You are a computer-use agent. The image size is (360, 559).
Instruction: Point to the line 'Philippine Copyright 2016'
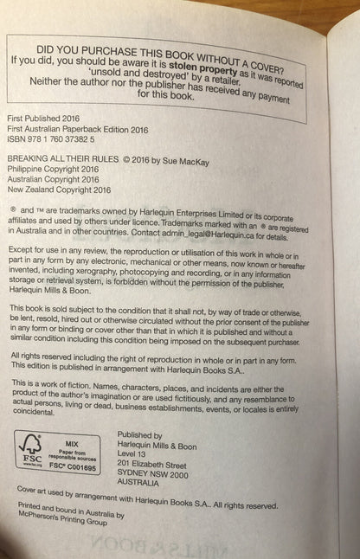pyautogui.click(x=52, y=171)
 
